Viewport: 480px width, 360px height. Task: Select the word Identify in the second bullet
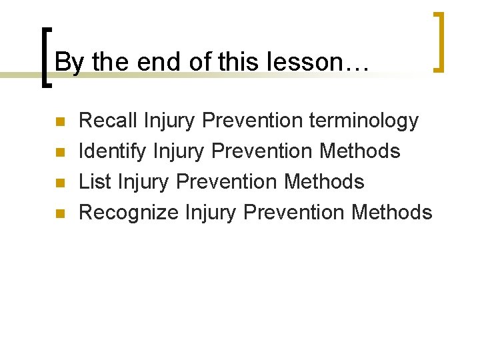(112, 151)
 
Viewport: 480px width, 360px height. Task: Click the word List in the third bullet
(91, 181)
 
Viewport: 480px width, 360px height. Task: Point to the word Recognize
(129, 212)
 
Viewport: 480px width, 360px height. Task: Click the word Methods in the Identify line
(360, 151)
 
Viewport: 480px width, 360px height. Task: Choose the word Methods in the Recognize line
(392, 212)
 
